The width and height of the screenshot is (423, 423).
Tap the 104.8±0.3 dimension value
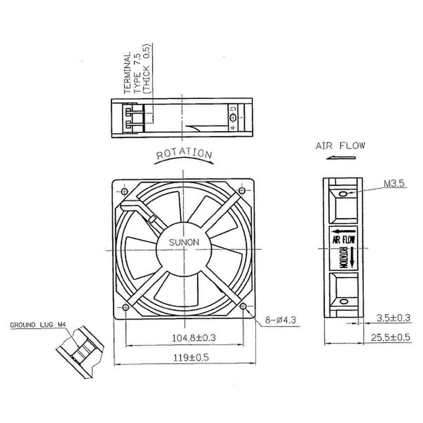click(x=194, y=338)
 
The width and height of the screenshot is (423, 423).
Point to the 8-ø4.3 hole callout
click(x=280, y=320)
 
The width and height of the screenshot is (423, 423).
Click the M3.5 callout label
click(x=394, y=183)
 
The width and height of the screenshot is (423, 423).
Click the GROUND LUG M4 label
click(x=38, y=325)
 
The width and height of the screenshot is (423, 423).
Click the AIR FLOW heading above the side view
click(x=340, y=146)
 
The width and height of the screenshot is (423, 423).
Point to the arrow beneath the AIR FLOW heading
click(x=341, y=158)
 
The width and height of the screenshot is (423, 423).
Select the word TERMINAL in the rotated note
click(x=128, y=73)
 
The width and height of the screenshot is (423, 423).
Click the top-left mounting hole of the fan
click(x=124, y=192)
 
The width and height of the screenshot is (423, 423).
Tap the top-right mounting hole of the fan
click(x=242, y=190)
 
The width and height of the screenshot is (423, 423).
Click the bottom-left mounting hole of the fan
click(x=126, y=307)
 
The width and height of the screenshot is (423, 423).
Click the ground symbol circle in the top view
click(x=233, y=118)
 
